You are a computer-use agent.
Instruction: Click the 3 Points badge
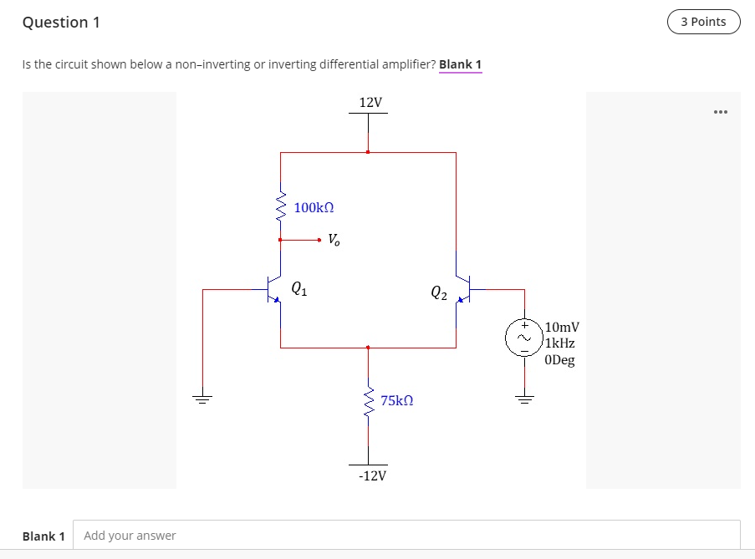(x=703, y=22)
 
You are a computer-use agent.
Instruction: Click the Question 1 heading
(x=61, y=23)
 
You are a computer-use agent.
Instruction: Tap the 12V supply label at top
(x=370, y=102)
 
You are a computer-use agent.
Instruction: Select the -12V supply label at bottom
(x=372, y=476)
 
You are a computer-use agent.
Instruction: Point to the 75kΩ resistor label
(x=397, y=401)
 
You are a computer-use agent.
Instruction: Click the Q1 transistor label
(x=299, y=289)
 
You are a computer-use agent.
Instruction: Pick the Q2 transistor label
(x=439, y=292)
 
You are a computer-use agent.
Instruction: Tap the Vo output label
(x=334, y=241)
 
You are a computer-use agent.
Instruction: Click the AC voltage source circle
(x=525, y=338)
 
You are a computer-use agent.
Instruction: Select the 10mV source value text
(x=562, y=327)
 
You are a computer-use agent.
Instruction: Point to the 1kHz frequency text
(x=560, y=343)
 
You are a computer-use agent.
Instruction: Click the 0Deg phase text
(x=559, y=360)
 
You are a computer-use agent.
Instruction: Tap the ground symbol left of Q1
(x=203, y=398)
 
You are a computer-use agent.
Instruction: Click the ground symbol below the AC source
(x=525, y=398)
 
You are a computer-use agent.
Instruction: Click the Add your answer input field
(x=406, y=536)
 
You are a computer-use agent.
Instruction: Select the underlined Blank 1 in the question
(x=460, y=64)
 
